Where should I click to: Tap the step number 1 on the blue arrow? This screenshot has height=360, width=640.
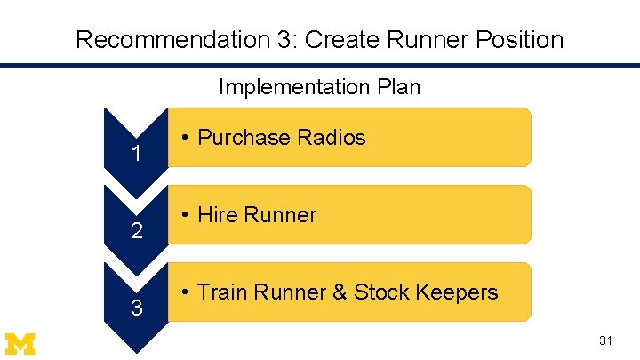136,155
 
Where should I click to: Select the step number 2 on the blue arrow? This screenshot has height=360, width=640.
136,232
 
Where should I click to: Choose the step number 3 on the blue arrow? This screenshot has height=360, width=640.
136,309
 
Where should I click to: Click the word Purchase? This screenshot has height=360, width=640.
244,138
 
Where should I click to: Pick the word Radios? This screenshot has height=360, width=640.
332,138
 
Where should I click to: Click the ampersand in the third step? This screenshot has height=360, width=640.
339,292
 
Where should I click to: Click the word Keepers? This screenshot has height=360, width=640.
457,292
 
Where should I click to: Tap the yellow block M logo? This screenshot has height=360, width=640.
20,343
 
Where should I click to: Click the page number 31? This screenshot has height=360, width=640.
606,340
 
